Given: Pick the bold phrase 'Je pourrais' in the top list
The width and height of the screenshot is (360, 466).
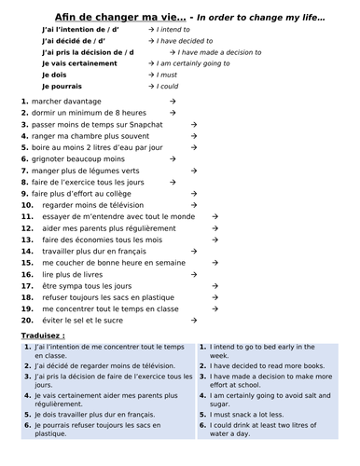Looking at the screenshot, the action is coord(62,86).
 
